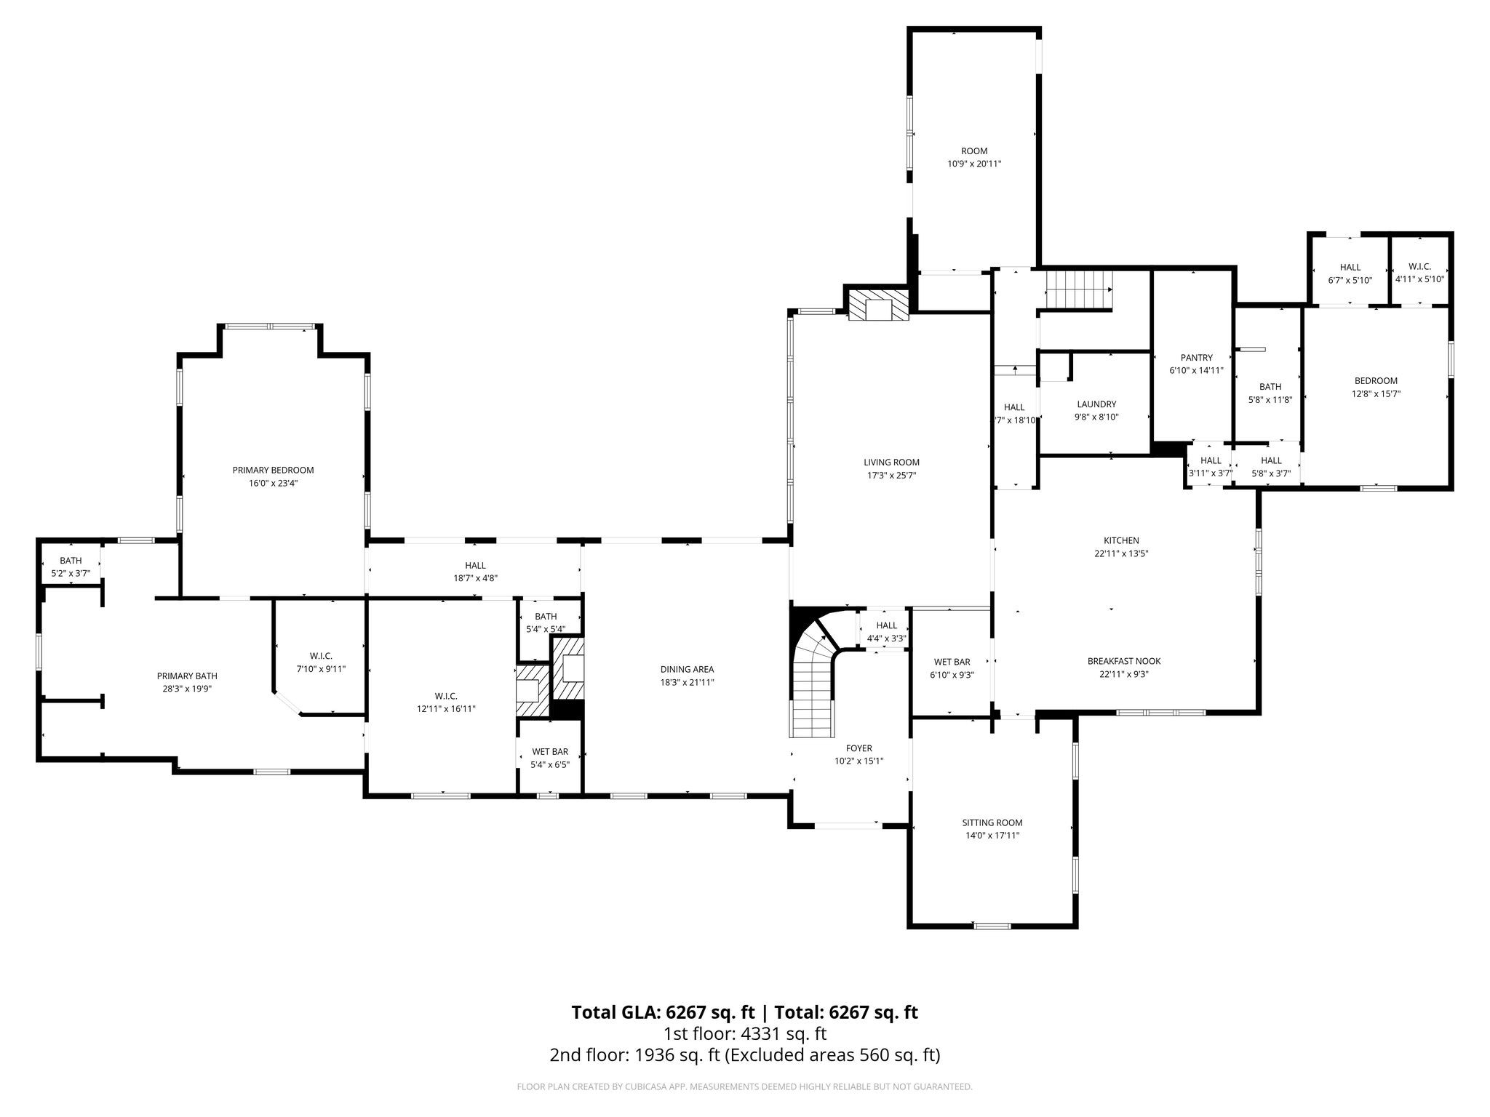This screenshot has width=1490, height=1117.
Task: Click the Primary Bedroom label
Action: (x=273, y=471)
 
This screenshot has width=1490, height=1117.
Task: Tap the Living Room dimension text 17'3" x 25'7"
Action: (x=891, y=476)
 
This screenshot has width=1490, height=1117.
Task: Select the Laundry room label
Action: (x=1096, y=404)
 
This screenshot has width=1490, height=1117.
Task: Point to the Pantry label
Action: (x=1196, y=358)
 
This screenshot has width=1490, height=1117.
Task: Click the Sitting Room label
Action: (x=992, y=822)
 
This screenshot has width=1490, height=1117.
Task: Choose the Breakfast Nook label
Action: (x=1124, y=661)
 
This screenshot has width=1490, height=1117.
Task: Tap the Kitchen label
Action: (x=1121, y=540)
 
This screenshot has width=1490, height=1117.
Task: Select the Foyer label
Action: (x=858, y=748)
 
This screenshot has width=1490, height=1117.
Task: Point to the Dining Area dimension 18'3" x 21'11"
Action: (x=687, y=682)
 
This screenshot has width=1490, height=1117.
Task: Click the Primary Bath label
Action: (x=187, y=676)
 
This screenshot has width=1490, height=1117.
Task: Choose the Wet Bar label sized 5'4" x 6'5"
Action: (x=550, y=752)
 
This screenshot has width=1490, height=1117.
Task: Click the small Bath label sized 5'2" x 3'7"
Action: (x=71, y=561)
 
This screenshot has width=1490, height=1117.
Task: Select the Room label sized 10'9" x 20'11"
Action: (x=974, y=151)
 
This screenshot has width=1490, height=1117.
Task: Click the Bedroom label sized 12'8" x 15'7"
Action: (x=1376, y=381)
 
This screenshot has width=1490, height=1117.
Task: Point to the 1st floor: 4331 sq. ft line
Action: (x=745, y=1034)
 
